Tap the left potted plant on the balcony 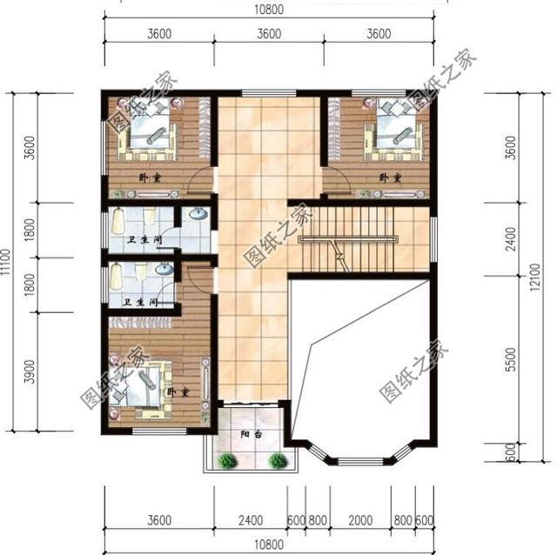click(x=226, y=461)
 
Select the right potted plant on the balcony click(x=278, y=461)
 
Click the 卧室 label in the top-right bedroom click(x=389, y=177)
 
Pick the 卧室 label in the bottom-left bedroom click(x=178, y=393)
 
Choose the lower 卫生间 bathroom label click(x=139, y=304)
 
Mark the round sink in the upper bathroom click(x=197, y=214)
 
